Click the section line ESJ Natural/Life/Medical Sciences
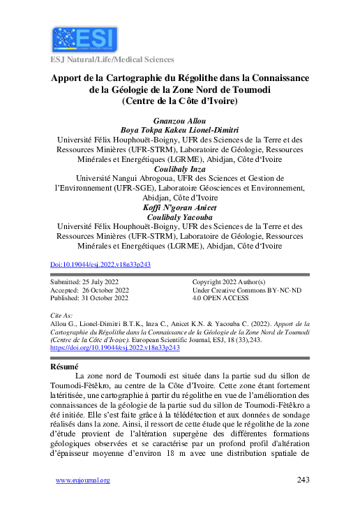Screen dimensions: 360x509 coord(112,60)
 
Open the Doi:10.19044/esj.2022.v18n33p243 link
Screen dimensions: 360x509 coord(101,265)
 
